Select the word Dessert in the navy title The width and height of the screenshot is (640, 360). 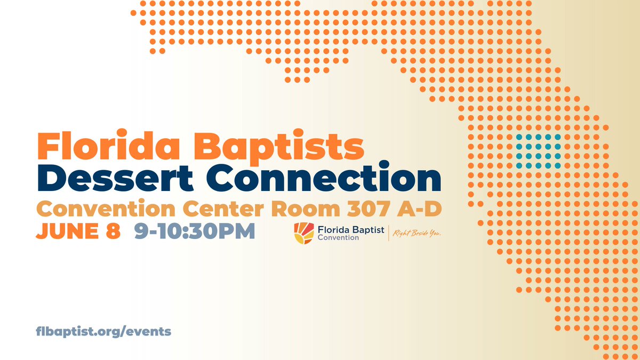116,179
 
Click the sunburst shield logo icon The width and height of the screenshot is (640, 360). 303,233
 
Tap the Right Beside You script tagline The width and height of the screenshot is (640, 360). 420,233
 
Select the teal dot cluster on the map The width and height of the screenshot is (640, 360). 538,152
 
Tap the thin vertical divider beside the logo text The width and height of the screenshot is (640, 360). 389,233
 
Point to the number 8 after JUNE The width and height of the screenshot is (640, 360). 114,231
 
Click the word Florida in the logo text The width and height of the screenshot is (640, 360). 331,229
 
